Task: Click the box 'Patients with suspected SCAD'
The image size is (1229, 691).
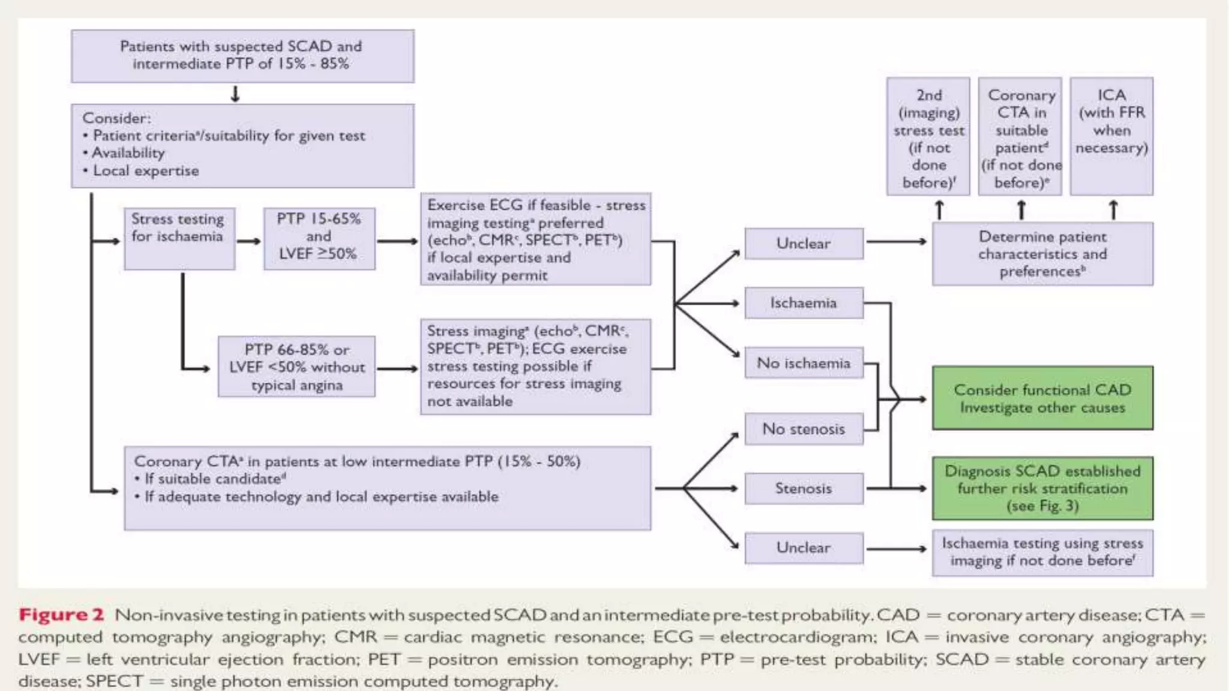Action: click(242, 55)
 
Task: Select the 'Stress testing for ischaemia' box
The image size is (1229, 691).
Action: click(179, 238)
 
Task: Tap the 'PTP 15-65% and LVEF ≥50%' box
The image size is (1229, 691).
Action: click(319, 238)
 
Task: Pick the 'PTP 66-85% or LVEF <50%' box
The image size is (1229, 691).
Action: click(296, 366)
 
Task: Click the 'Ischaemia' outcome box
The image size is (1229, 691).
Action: click(804, 303)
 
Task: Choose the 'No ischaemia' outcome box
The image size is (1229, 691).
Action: click(804, 363)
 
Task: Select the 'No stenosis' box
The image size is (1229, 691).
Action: click(804, 429)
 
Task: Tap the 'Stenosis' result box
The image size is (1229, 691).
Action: click(804, 488)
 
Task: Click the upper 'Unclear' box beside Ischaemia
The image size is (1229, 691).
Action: click(804, 243)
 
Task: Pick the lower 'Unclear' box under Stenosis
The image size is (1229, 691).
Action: click(804, 548)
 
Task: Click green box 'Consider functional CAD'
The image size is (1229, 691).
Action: click(1042, 398)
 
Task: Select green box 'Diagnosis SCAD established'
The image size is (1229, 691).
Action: click(1042, 488)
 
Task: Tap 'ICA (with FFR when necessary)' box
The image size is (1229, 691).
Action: click(1111, 136)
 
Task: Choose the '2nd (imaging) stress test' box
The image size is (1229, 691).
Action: click(928, 136)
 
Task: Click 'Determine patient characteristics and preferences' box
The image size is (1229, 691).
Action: click(1042, 254)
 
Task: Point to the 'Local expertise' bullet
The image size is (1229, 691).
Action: click(146, 171)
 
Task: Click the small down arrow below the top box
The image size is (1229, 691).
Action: click(235, 94)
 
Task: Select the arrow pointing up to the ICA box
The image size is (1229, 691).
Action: click(1113, 209)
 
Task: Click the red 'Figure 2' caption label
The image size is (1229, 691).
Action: click(61, 615)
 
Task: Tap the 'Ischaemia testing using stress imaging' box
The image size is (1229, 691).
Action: click(1042, 552)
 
